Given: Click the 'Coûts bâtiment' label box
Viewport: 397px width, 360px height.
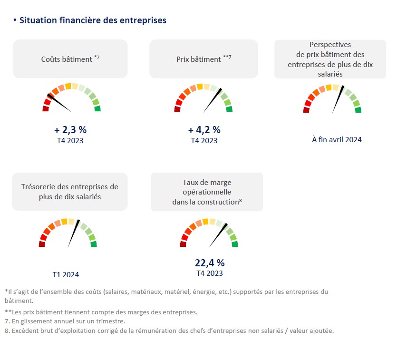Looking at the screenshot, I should pos(70,59).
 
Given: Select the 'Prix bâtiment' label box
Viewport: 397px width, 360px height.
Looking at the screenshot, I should pos(203,59).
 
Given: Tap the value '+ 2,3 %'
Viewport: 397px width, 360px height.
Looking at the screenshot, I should pos(70,129).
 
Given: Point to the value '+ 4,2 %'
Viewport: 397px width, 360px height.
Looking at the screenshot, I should pos(204,129).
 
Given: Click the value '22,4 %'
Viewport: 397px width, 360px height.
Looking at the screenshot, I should pos(210,263).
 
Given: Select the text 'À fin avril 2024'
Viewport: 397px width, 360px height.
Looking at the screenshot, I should pos(337,139).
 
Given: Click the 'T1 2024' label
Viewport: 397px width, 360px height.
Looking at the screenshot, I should pos(66,274).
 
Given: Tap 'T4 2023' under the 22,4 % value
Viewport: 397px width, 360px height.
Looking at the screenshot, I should pos(210,273).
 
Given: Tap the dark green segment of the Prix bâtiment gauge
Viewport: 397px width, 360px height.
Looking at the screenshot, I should pos(229,109).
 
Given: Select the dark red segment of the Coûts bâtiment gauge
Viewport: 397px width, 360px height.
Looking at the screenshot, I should pos(46,109).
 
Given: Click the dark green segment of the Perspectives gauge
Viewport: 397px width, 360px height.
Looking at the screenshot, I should pos(358,110).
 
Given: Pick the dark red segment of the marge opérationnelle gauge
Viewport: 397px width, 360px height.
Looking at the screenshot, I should pos(184,244).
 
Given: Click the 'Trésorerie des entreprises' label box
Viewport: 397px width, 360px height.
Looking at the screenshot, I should pos(70,191).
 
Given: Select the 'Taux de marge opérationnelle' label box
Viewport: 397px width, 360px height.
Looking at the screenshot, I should pos(207,192).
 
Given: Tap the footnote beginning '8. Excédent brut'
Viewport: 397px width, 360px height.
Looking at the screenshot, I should pos(169,331).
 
